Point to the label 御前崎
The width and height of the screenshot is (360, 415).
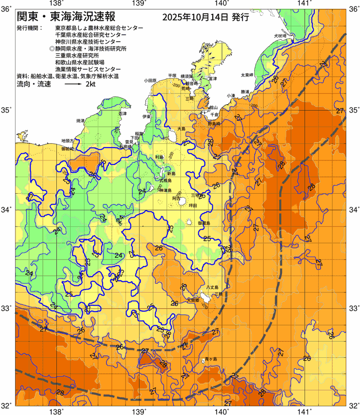pyautogui.click(x=67, y=149)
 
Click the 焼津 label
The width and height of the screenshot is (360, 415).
pyautogui.click(x=81, y=120)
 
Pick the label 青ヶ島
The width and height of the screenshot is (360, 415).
pyautogui.click(x=210, y=359)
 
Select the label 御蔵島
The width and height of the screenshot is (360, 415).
pyautogui.click(x=204, y=223)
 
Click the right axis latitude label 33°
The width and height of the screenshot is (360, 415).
pyautogui.click(x=353, y=308)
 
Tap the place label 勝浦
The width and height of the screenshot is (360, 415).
pyautogui.click(x=245, y=92)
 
